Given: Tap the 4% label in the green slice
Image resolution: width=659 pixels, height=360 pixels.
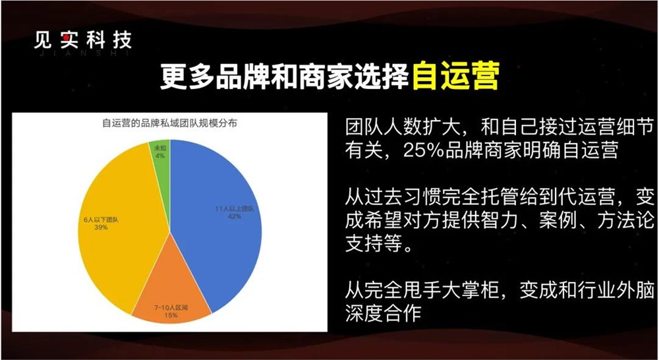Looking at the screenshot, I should (159, 156).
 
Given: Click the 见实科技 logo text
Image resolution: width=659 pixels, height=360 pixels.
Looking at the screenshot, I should (83, 40).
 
